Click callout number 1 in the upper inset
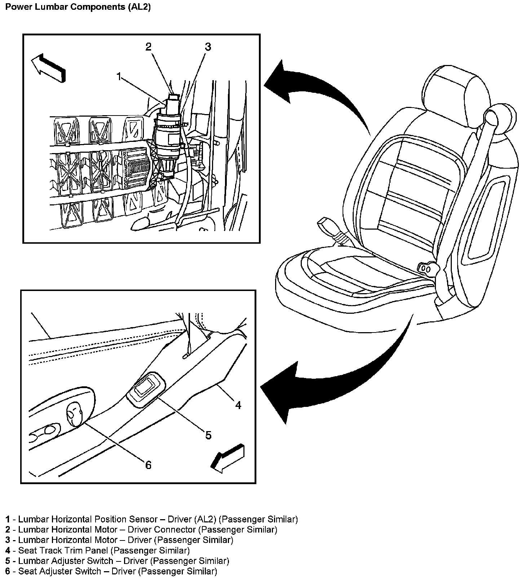(x=119, y=77)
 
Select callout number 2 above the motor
(x=149, y=47)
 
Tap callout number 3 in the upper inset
(x=208, y=47)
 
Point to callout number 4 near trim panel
(x=238, y=405)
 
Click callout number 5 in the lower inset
(x=208, y=435)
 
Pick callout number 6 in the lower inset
(x=148, y=465)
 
